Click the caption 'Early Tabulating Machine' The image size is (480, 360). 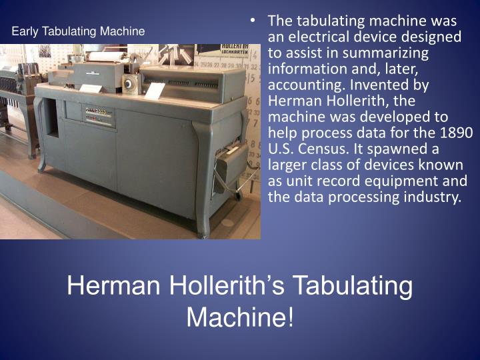click(78, 31)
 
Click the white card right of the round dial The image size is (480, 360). click(155, 91)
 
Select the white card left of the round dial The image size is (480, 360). click(91, 87)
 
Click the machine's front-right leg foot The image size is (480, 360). click(202, 233)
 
